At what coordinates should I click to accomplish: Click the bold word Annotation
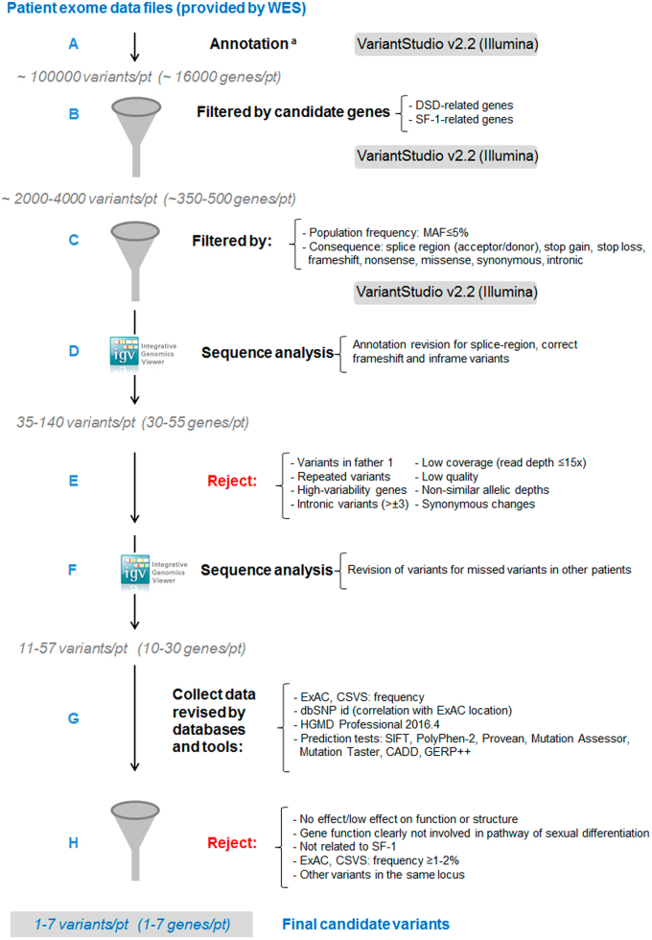pyautogui.click(x=250, y=44)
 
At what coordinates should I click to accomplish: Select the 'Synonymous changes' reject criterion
pyautogui.click(x=477, y=504)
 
